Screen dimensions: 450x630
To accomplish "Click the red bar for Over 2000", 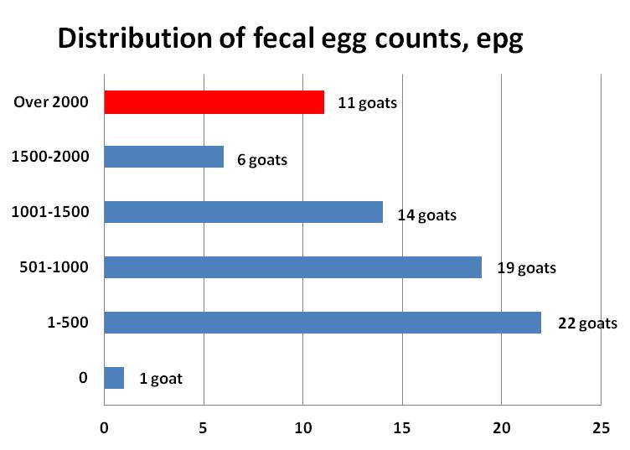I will coord(214,102).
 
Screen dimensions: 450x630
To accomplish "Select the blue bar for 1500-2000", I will coord(163,158).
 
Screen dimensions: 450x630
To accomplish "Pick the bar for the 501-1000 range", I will coord(292,267).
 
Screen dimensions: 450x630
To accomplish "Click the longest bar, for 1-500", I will coord(323,323).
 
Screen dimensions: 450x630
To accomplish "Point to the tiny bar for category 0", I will coord(114,378).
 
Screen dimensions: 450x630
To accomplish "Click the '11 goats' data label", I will coord(367,104).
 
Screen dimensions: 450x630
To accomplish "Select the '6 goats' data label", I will coord(261,159).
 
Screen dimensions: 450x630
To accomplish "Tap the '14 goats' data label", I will coord(426,215).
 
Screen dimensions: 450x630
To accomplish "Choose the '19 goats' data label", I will coord(525,269).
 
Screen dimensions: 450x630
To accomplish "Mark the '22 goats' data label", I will coord(586,324).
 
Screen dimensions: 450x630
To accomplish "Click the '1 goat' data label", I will coord(160,379).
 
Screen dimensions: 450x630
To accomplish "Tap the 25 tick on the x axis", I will coord(600,427).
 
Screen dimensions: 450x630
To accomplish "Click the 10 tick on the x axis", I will coord(302,427).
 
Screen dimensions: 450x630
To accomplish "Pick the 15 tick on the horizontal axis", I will coord(402,427).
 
